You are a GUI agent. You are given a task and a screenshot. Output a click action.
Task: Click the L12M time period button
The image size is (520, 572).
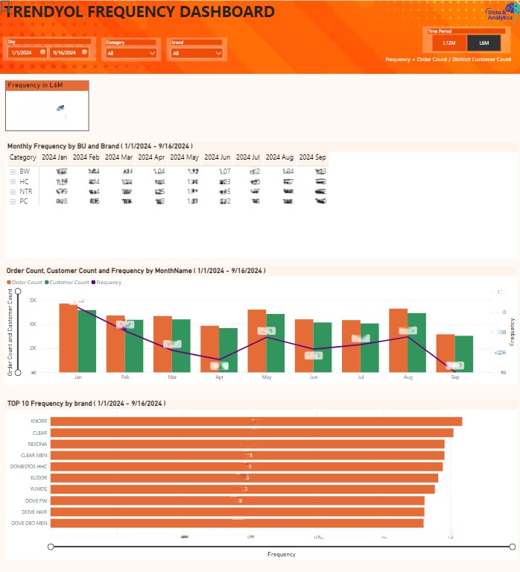tap(448, 44)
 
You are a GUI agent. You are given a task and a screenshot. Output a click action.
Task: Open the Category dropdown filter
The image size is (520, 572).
tap(131, 53)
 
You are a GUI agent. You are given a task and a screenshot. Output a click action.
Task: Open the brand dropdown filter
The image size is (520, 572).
tap(197, 53)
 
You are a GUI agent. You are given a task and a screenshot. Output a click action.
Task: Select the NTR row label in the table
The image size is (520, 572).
tap(25, 192)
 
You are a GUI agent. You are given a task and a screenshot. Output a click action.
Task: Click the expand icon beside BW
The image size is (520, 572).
tap(13, 172)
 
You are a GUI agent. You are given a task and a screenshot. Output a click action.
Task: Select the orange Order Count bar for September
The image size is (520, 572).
tap(446, 353)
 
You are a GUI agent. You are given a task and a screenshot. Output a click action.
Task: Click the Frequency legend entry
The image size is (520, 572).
tap(109, 283)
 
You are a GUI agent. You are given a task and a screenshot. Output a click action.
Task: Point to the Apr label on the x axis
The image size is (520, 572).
tap(219, 377)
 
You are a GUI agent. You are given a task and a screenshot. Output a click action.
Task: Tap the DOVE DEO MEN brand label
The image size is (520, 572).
tap(29, 523)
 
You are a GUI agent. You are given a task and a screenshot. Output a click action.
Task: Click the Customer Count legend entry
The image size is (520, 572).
tap(71, 283)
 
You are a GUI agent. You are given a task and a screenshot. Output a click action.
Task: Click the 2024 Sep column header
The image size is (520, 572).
tap(312, 157)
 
